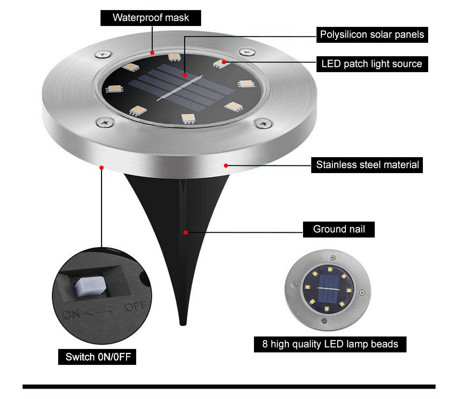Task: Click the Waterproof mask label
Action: tap(151, 18)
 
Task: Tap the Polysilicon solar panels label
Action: tap(372, 35)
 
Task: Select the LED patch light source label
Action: tap(372, 63)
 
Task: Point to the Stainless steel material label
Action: tap(367, 165)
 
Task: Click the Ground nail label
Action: tap(339, 229)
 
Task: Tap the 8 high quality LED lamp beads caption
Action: tap(330, 344)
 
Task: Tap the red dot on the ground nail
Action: tap(185, 232)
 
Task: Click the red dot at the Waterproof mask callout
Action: tap(152, 52)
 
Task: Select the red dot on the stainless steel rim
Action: tap(226, 165)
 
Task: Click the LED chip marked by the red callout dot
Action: tap(221, 63)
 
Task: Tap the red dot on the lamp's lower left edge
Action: tap(102, 167)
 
